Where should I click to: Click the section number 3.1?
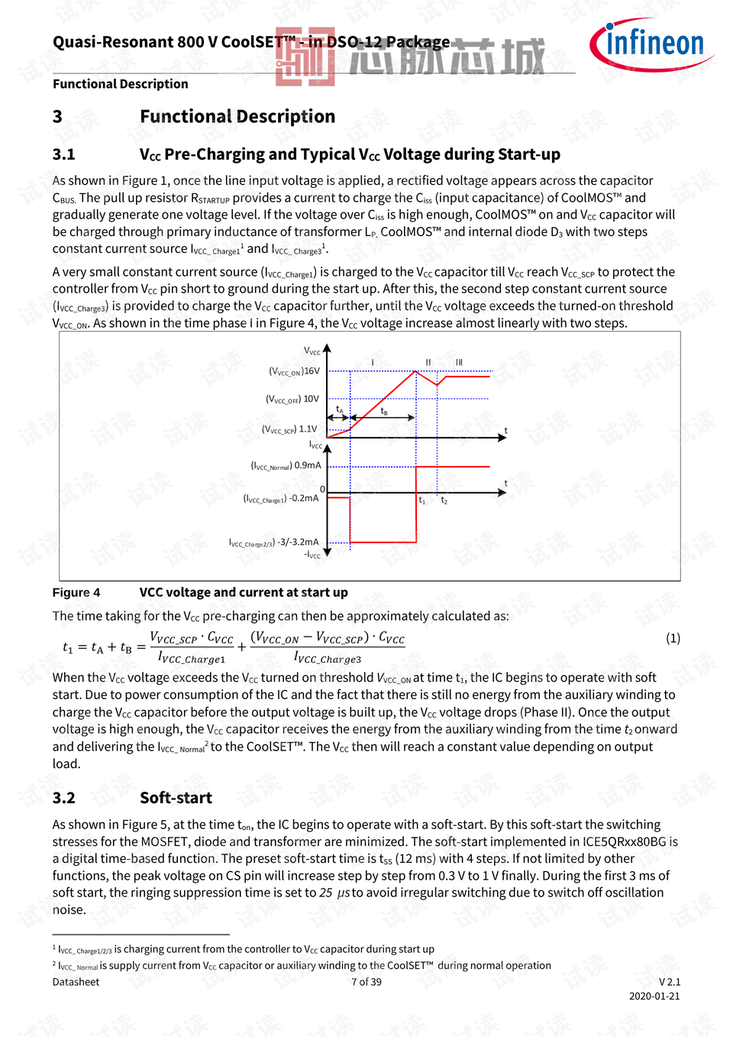point(64,154)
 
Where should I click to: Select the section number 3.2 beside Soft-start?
point(64,798)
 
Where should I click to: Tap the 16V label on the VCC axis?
point(312,371)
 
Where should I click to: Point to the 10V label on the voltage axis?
point(311,399)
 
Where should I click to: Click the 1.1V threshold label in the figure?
point(308,429)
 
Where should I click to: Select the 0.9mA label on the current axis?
point(308,465)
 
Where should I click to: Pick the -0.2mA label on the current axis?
point(304,498)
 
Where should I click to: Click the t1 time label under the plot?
point(421,501)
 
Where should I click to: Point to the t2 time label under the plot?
point(444,501)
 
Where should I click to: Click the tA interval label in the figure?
point(340,410)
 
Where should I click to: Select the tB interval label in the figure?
point(384,411)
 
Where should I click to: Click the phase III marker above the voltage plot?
point(459,362)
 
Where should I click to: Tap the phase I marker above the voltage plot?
point(373,362)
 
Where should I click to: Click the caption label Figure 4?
point(76,592)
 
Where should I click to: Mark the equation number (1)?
point(673,638)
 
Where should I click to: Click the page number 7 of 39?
point(366,982)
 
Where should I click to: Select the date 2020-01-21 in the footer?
point(654,996)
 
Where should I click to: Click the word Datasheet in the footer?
point(76,982)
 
